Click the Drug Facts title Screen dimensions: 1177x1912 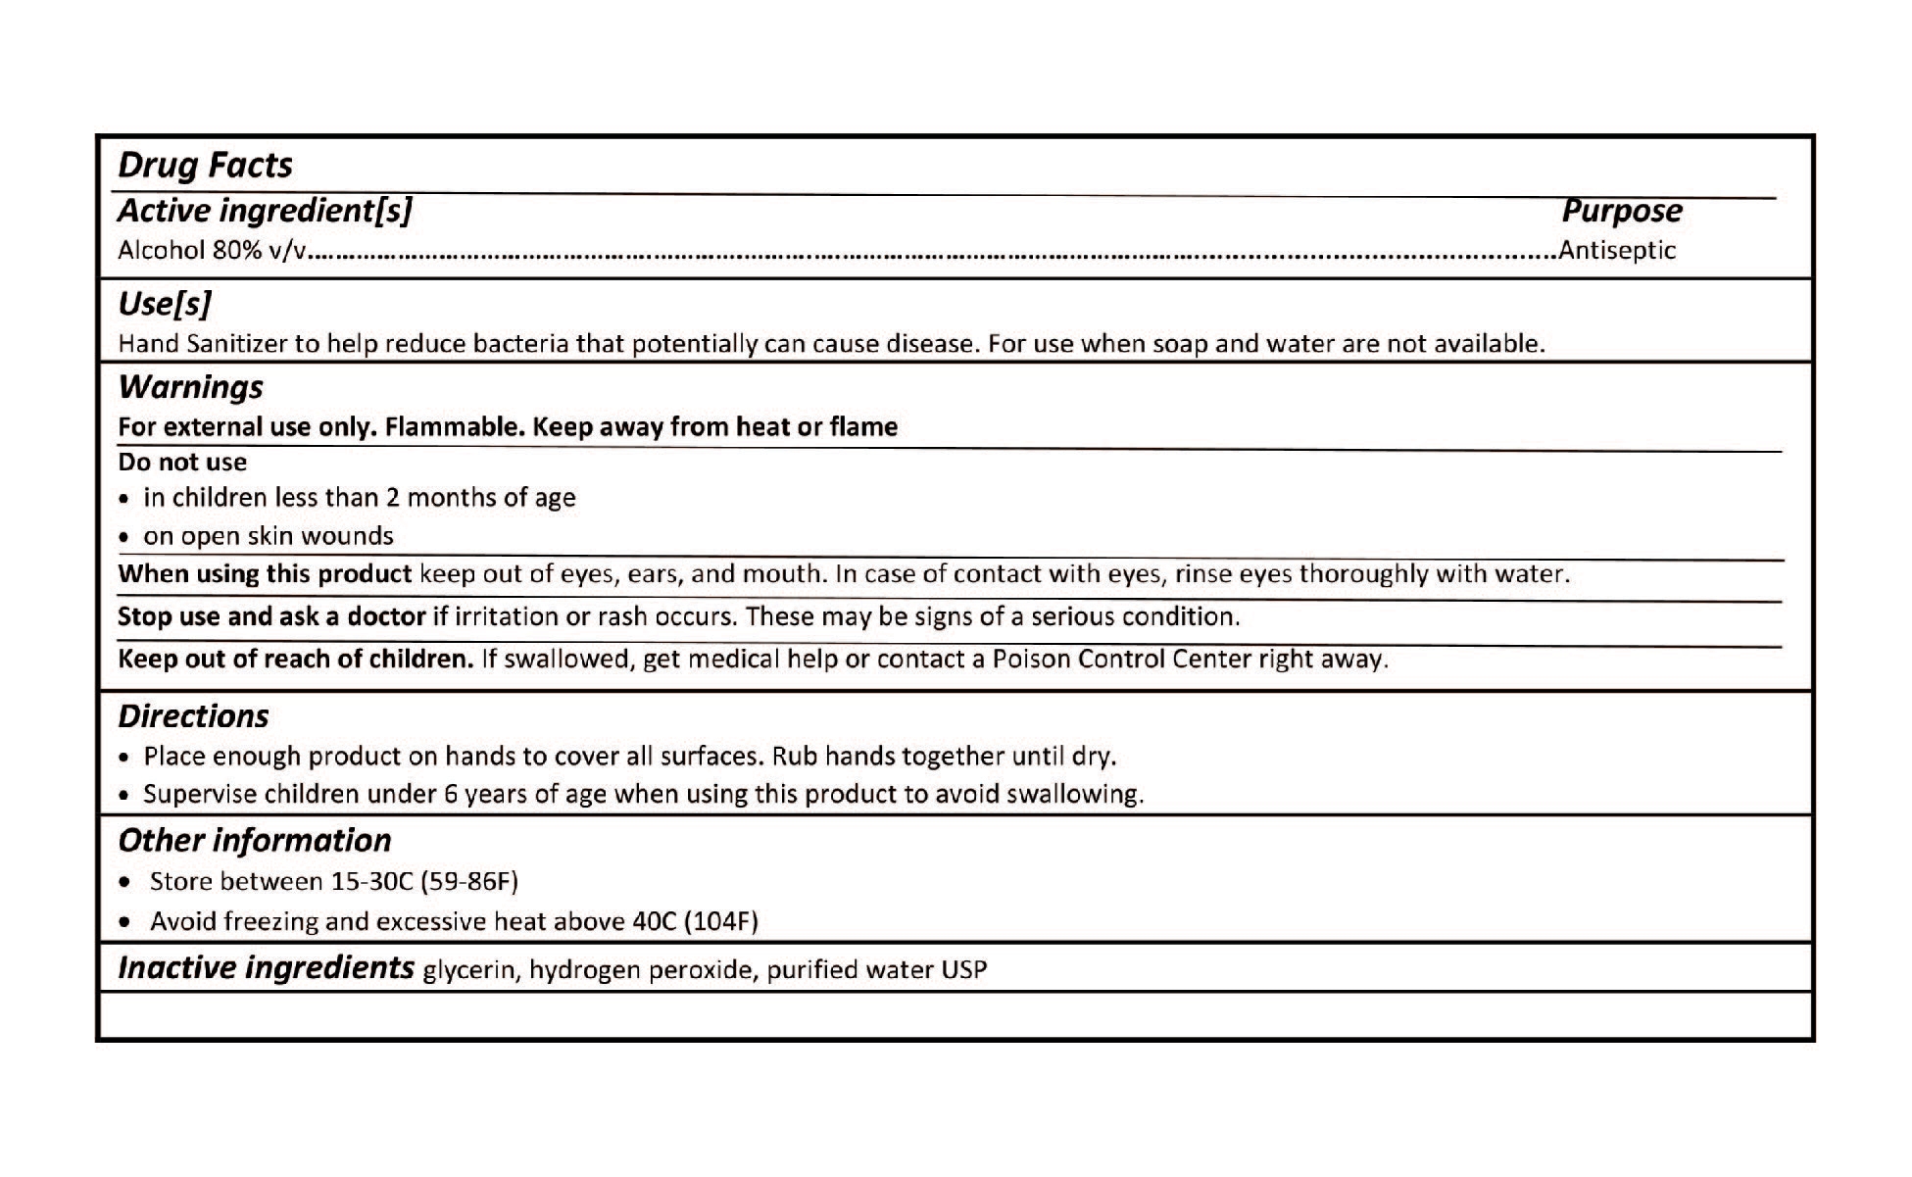click(205, 165)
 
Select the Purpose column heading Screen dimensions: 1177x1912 click(1621, 211)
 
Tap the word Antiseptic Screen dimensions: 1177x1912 click(1617, 250)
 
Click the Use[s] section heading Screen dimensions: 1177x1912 click(164, 304)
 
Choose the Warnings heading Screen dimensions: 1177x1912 click(190, 387)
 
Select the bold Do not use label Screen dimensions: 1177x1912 click(182, 463)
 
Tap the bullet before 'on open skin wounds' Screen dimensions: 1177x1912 click(123, 538)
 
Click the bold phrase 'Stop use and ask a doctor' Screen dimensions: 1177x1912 click(271, 616)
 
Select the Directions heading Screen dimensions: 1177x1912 click(193, 716)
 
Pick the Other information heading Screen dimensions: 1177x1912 click(254, 841)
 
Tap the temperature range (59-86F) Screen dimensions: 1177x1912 click(468, 882)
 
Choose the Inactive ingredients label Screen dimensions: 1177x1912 click(266, 968)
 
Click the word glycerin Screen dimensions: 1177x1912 click(468, 970)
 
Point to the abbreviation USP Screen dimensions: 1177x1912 click(963, 970)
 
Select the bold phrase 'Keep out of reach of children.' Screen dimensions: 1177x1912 click(296, 659)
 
